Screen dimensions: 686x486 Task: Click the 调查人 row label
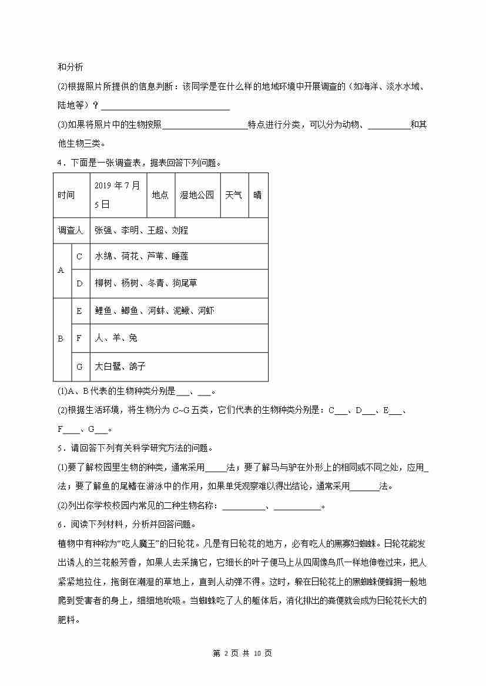click(x=71, y=231)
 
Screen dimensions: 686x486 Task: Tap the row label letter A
click(x=61, y=271)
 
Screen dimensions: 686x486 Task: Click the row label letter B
click(x=61, y=339)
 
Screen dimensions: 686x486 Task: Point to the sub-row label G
click(x=79, y=366)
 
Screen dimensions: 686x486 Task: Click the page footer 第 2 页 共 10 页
click(x=242, y=653)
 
